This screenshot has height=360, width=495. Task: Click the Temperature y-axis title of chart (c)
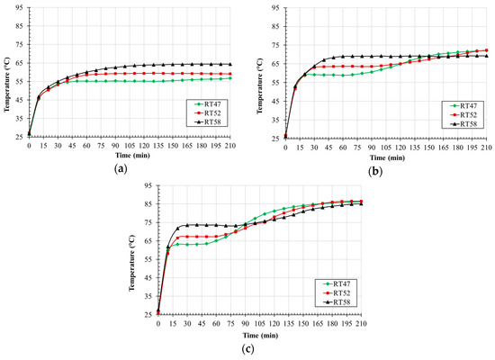[x=135, y=250]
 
